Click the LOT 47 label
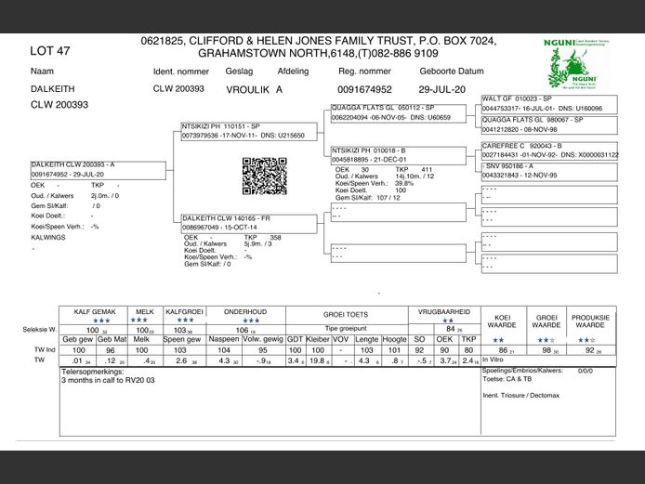pyautogui.click(x=50, y=51)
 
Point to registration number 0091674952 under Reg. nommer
pyautogui.click(x=365, y=89)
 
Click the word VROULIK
pyautogui.click(x=248, y=89)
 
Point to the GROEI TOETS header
pyautogui.click(x=345, y=315)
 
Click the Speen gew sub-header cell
pyautogui.click(x=181, y=339)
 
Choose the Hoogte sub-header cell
pyautogui.click(x=394, y=339)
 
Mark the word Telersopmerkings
pyautogui.click(x=93, y=372)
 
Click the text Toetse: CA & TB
pyautogui.click(x=507, y=380)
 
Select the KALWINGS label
pyautogui.click(x=49, y=237)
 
